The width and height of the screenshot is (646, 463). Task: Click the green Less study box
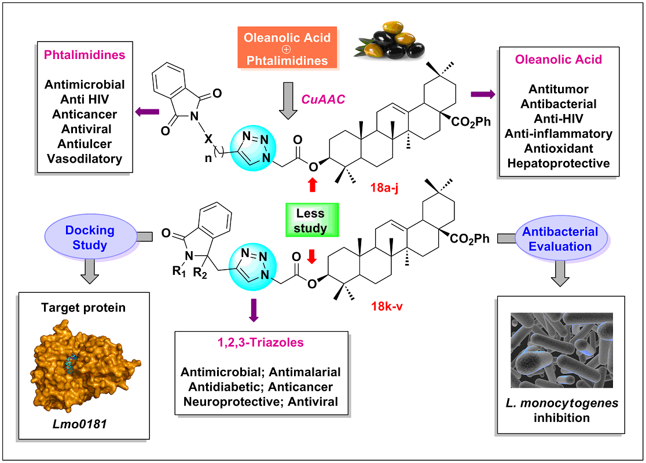tap(310, 220)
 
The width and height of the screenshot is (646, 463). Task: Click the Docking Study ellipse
tap(90, 237)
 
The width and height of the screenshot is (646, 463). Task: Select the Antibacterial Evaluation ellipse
tap(560, 238)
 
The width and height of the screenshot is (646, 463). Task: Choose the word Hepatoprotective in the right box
tap(558, 163)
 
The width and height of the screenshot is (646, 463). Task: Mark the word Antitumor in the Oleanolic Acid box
tap(558, 89)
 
